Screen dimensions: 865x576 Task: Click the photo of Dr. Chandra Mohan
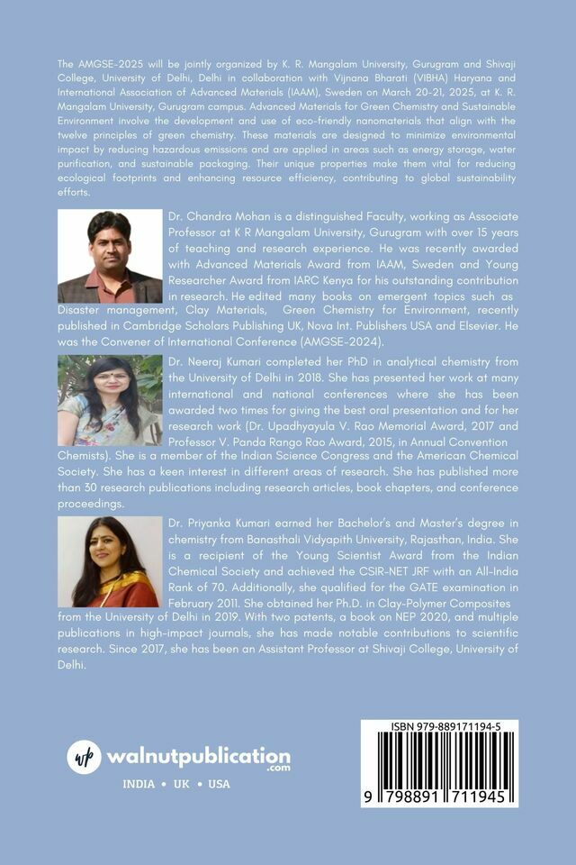tap(110, 258)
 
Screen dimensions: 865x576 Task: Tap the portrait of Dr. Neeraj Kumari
tap(110, 401)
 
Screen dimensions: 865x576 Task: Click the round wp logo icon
tap(85, 757)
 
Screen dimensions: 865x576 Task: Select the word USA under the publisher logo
tap(220, 784)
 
